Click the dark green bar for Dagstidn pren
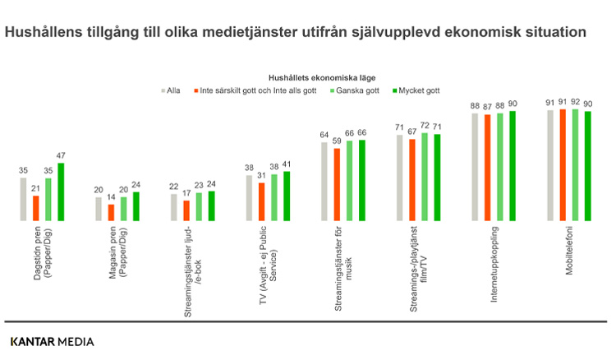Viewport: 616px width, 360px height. pos(61,192)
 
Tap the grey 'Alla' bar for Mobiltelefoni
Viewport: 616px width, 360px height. pos(550,165)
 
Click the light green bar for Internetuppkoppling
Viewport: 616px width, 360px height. pos(500,167)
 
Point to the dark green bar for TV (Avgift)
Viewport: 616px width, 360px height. pos(287,196)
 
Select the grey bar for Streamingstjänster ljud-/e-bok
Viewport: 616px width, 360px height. pos(174,208)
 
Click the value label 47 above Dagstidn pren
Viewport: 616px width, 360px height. pos(61,155)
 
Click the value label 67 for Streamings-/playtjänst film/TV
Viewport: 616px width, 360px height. pos(411,132)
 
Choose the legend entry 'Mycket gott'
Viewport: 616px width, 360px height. pos(416,91)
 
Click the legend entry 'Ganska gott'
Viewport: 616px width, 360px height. pos(355,91)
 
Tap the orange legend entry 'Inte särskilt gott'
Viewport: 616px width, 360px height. pos(255,91)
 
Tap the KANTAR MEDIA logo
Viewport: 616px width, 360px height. pos(52,340)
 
